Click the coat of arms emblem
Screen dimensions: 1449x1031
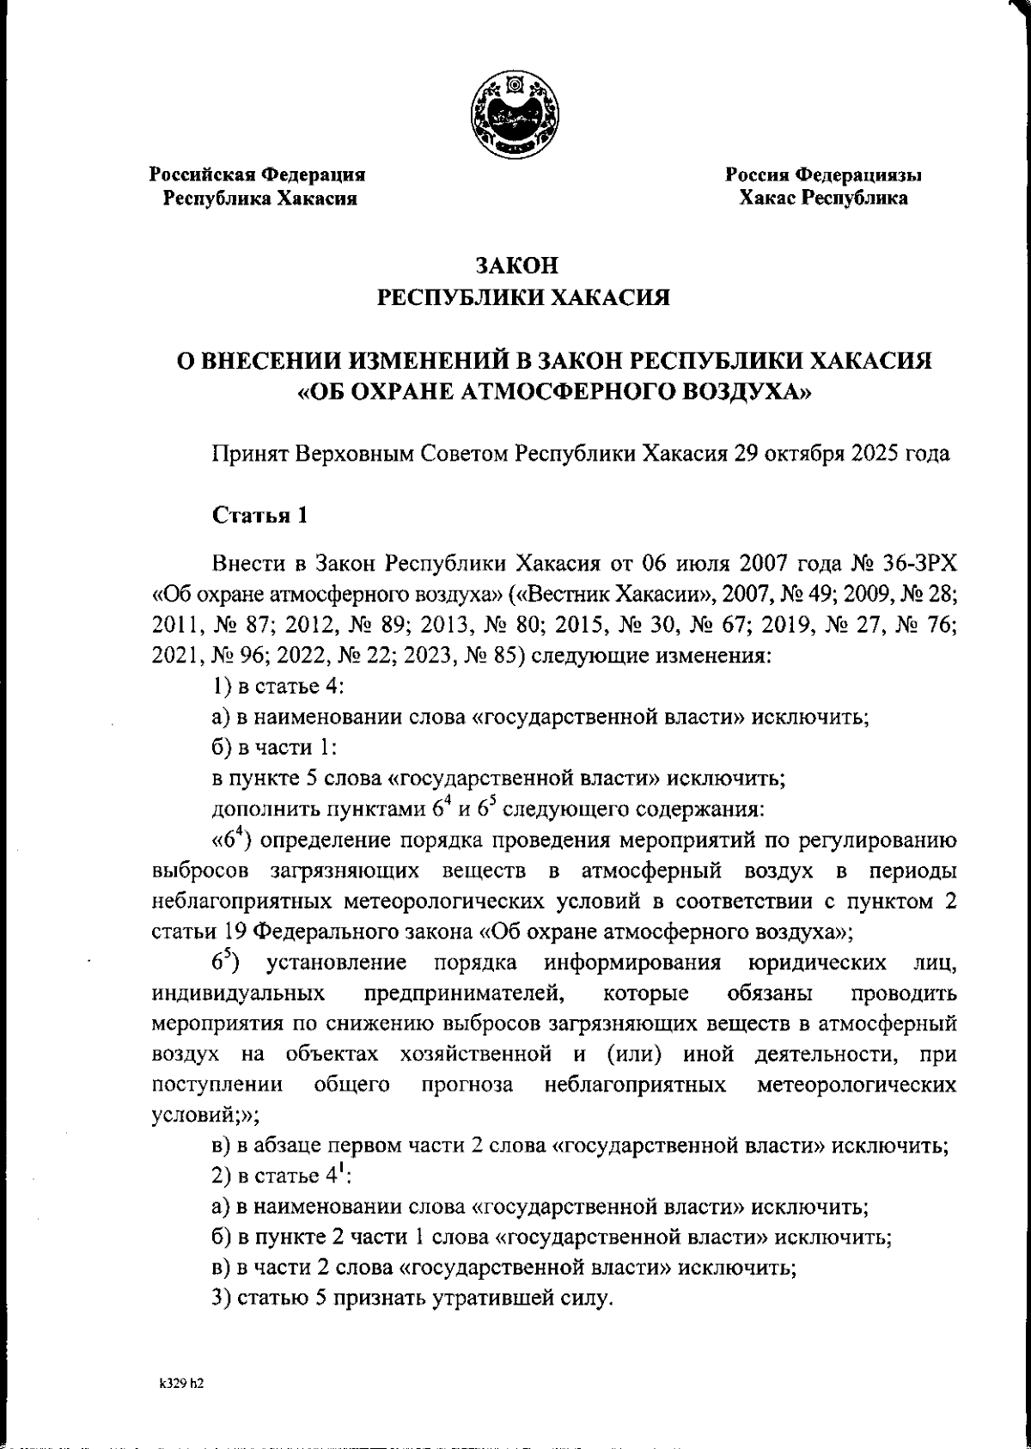click(x=515, y=116)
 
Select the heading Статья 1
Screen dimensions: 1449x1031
click(x=259, y=516)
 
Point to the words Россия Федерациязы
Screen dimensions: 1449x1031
click(x=823, y=175)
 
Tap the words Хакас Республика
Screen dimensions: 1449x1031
click(x=824, y=199)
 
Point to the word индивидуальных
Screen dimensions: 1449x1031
click(x=238, y=994)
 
